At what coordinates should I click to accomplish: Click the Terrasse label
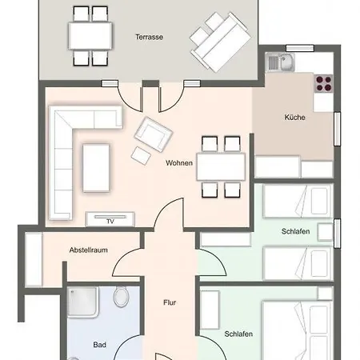pos(149,37)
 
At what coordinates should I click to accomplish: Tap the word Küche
pos(294,118)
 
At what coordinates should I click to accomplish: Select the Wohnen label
pos(179,163)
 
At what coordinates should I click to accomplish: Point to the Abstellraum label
pos(89,250)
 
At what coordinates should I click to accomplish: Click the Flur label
pos(170,302)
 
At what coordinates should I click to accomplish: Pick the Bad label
pos(100,345)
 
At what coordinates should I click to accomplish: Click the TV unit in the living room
pos(110,219)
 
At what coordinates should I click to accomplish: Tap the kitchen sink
pos(280,62)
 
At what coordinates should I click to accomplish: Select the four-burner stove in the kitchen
pos(324,83)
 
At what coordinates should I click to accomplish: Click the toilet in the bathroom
pos(121,297)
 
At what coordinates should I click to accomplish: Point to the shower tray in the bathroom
pos(82,302)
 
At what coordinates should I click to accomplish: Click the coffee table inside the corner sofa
pos(96,168)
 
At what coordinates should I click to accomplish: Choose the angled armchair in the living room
pos(154,134)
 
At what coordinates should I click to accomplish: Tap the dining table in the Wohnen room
pos(221,166)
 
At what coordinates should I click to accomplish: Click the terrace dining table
pos(90,36)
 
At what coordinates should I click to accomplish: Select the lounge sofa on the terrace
pos(220,42)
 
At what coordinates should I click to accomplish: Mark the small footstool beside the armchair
pos(141,155)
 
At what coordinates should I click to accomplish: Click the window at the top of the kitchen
pos(300,48)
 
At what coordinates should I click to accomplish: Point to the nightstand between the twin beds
pos(325,232)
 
